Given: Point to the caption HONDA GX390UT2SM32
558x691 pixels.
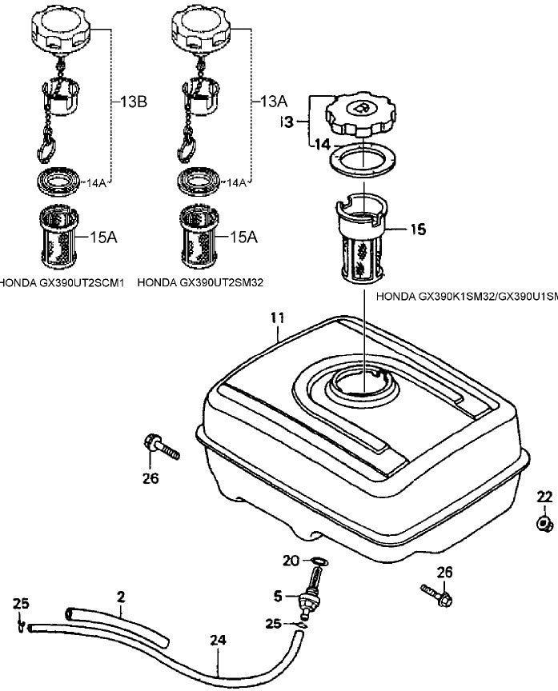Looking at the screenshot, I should [201, 282].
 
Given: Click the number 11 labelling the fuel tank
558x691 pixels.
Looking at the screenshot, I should [276, 318].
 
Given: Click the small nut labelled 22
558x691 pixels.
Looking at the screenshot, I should [545, 525].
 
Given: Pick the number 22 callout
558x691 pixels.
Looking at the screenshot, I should [545, 497].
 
